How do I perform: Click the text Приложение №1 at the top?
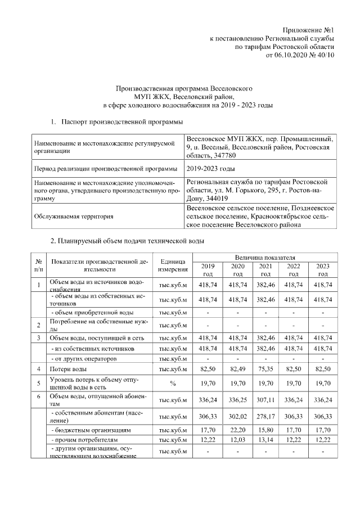[x=308, y=30]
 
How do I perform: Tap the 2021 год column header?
[x=265, y=269]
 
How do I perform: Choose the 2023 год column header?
[x=322, y=269]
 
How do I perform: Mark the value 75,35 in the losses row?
[x=265, y=368]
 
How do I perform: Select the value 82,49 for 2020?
[x=237, y=368]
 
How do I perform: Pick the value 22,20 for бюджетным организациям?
[x=237, y=430]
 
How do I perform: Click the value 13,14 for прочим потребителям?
[x=265, y=439]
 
